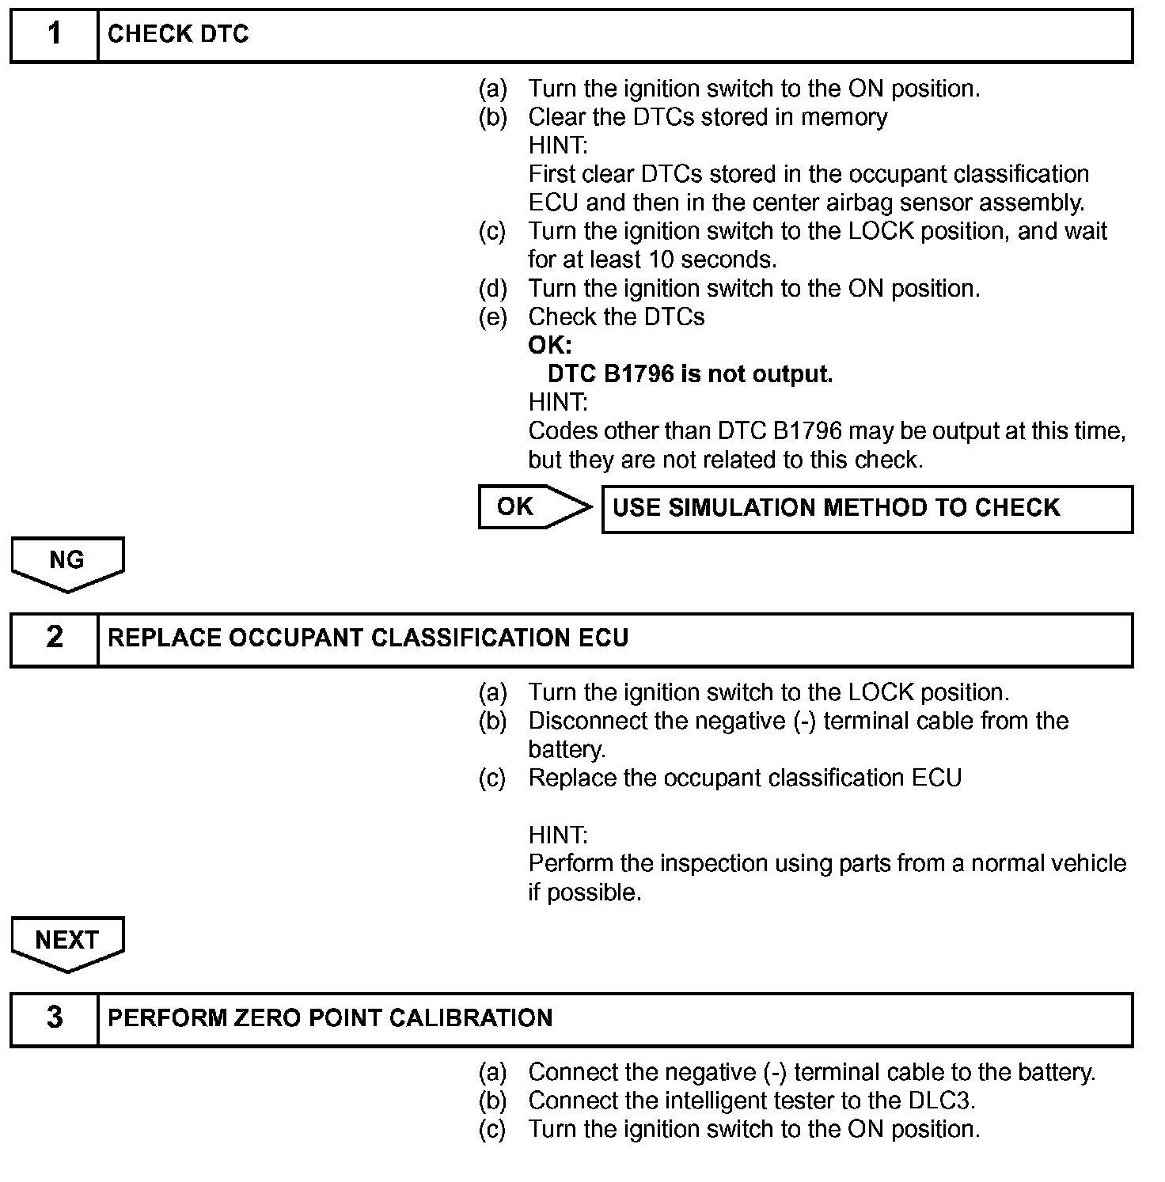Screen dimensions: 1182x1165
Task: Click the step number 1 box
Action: point(54,35)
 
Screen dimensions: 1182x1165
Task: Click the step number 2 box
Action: point(54,638)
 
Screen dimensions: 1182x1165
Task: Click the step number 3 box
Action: point(54,1018)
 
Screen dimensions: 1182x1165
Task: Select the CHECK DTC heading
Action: point(178,35)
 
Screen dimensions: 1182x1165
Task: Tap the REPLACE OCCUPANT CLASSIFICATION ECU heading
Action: point(368,638)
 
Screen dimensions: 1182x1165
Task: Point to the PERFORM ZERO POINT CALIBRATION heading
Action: point(330,1018)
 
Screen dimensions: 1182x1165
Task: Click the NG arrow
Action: point(67,561)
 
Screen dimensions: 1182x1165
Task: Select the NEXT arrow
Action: point(67,941)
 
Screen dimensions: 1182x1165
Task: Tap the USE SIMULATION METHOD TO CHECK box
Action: point(867,509)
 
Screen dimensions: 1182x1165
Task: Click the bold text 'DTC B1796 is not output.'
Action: point(690,374)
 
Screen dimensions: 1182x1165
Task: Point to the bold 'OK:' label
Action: point(549,346)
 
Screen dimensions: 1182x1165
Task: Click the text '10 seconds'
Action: point(712,260)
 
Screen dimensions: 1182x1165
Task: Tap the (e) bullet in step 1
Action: point(492,317)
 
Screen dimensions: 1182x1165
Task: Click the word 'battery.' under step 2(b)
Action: point(567,750)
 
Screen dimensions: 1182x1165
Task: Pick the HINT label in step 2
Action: point(558,835)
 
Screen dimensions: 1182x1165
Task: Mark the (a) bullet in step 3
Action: point(492,1073)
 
